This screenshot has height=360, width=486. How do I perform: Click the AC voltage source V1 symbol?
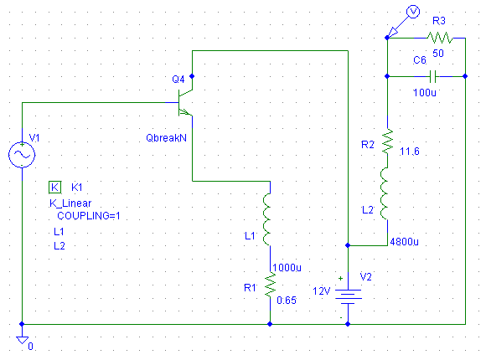(x=22, y=155)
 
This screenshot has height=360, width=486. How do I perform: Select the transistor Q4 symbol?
(x=185, y=103)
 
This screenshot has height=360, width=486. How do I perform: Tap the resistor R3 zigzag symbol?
(x=440, y=38)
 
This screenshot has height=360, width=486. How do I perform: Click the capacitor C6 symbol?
(x=433, y=76)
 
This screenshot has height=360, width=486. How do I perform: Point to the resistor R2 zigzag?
(x=387, y=141)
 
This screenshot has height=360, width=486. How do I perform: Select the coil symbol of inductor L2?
(x=385, y=193)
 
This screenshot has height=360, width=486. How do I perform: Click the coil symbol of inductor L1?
(x=266, y=219)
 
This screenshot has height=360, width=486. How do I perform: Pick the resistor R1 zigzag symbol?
(x=271, y=285)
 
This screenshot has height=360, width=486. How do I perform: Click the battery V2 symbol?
(x=348, y=296)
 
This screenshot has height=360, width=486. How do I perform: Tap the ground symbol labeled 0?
(x=22, y=340)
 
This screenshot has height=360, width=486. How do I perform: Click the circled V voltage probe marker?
(x=413, y=12)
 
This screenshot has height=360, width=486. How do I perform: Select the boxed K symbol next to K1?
(x=54, y=188)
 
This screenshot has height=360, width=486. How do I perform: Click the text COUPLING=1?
(x=89, y=216)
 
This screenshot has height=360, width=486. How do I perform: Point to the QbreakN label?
(x=167, y=137)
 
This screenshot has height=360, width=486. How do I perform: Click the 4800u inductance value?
(x=404, y=241)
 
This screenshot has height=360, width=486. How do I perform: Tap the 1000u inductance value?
(x=287, y=267)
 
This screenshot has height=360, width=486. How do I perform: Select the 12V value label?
(x=322, y=291)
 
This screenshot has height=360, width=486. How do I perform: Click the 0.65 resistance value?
(x=287, y=300)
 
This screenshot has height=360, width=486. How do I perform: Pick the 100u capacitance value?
(x=424, y=92)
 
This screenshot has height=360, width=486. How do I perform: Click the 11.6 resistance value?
(x=410, y=152)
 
